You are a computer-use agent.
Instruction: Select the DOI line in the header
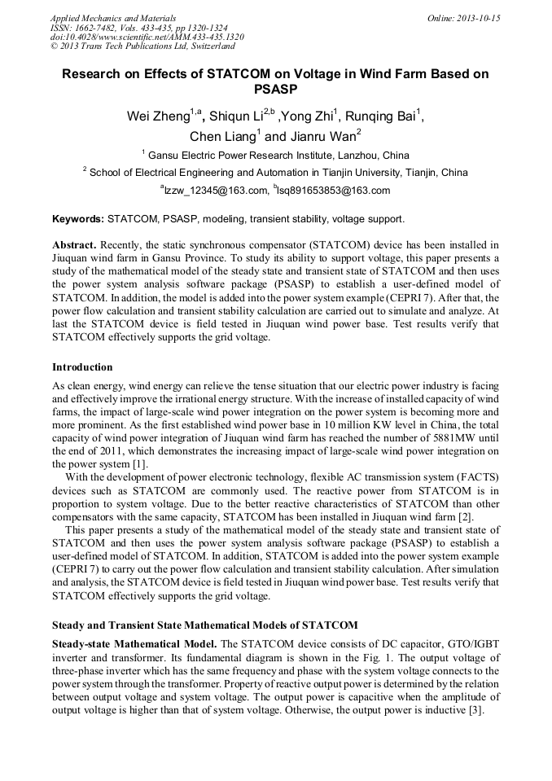coord(147,37)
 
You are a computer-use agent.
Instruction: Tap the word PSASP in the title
coord(275,90)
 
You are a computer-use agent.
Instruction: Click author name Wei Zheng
coord(158,116)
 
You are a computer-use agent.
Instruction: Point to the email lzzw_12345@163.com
coord(217,191)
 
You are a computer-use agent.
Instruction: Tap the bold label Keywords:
coord(78,219)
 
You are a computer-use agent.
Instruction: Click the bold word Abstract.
coord(75,245)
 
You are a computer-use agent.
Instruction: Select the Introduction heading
coord(82,367)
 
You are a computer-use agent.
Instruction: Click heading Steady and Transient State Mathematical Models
coord(204,625)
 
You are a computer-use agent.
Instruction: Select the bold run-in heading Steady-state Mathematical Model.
coord(134,643)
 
